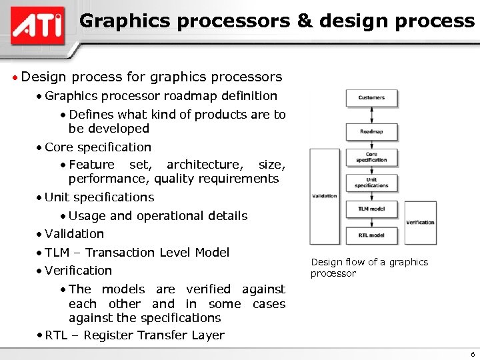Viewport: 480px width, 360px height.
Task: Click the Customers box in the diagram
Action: [371, 98]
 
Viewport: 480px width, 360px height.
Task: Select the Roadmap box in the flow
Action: [371, 131]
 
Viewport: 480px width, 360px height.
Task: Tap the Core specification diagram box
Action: [371, 157]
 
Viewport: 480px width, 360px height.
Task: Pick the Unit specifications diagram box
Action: [371, 183]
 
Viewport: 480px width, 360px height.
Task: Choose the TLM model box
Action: [371, 209]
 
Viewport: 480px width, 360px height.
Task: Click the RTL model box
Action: [371, 235]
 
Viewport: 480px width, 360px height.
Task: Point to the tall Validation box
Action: [325, 196]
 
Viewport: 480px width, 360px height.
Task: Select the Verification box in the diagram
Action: [420, 222]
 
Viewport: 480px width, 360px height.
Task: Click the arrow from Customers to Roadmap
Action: [371, 115]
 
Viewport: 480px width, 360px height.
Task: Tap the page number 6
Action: [471, 354]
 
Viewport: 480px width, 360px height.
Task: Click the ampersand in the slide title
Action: [305, 21]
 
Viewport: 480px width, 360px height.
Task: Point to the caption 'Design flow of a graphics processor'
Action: [369, 267]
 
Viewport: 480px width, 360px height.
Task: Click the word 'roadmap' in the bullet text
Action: [190, 96]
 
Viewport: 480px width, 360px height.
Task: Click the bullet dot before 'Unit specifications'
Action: [40, 198]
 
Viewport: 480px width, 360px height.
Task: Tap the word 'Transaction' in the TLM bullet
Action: [118, 253]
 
